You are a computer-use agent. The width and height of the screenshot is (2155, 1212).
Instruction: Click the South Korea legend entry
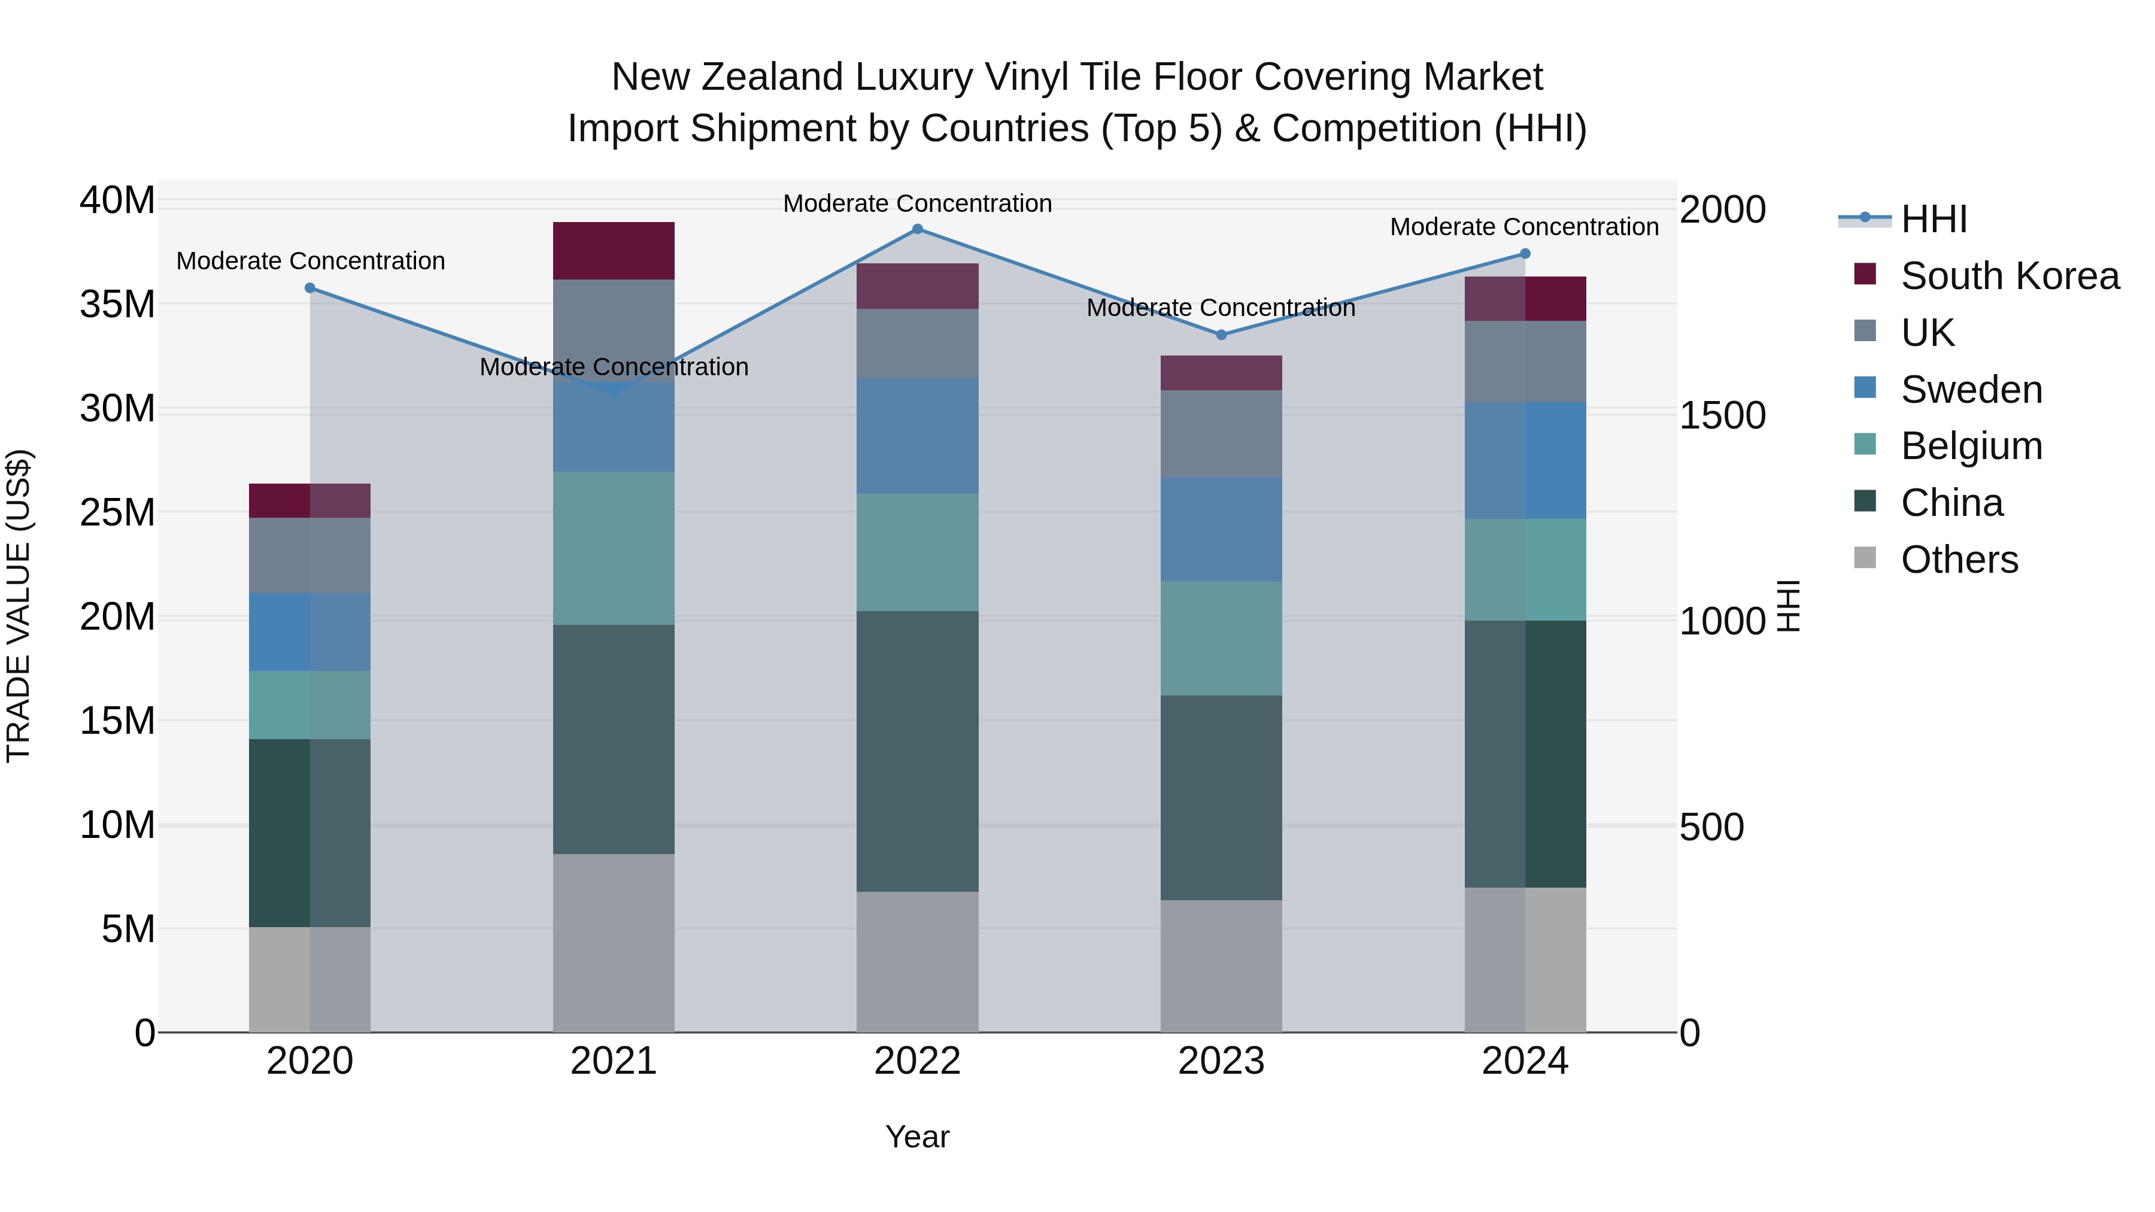[2010, 276]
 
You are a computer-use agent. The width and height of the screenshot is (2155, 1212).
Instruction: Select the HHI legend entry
[1934, 219]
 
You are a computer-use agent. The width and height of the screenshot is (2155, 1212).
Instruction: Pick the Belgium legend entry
[1971, 446]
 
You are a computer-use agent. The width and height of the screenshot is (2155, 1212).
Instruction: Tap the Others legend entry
[1959, 560]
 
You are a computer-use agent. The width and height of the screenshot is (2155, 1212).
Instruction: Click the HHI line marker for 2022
[917, 229]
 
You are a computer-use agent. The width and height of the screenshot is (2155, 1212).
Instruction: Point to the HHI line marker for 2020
[309, 288]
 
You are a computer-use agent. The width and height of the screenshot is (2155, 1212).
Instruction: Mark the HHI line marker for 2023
[1221, 335]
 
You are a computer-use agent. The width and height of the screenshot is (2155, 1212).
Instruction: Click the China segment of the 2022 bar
[917, 751]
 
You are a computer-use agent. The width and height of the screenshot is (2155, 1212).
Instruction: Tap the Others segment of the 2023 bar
[1221, 966]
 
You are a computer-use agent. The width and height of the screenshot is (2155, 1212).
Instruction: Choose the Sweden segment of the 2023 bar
[1221, 530]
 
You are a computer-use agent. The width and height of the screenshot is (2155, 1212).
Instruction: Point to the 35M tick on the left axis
[117, 305]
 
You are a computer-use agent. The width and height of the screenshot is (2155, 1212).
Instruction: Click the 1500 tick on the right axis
[1722, 416]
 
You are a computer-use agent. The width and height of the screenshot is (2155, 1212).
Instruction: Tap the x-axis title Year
[917, 1137]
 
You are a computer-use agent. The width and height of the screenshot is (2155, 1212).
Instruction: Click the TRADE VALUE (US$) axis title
[19, 606]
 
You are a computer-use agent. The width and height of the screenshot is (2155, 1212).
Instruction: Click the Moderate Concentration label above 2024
[1523, 227]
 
